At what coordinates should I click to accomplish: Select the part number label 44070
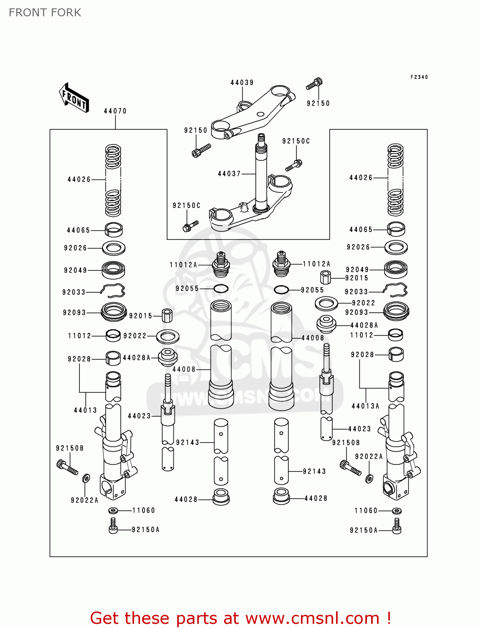(x=115, y=111)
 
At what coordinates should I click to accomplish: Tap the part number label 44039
(x=242, y=82)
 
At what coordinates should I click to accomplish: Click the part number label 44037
(x=229, y=173)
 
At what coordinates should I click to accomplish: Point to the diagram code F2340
(x=419, y=77)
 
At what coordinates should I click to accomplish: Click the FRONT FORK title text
(x=45, y=13)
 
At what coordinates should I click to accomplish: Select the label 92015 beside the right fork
(x=357, y=278)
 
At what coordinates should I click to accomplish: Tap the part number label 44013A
(x=365, y=406)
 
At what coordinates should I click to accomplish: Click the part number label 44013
(x=85, y=410)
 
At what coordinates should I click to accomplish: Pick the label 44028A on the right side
(x=364, y=325)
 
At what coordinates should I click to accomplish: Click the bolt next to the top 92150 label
(x=314, y=84)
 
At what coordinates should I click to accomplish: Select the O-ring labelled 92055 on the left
(x=221, y=288)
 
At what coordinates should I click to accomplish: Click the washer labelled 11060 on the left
(x=113, y=510)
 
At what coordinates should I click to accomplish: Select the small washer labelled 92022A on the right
(x=369, y=478)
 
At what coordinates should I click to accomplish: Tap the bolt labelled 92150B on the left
(x=66, y=466)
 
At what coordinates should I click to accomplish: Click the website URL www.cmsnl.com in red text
(x=312, y=618)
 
